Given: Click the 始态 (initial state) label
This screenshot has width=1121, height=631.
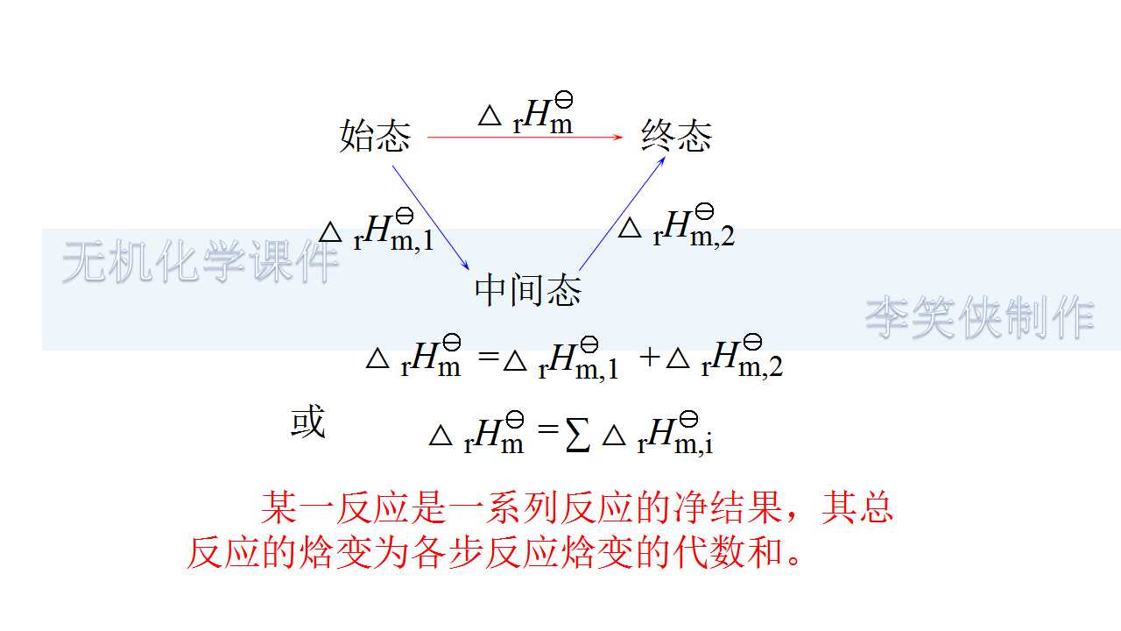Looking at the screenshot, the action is [375, 137].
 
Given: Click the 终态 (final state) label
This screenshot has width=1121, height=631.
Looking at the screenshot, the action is [676, 136].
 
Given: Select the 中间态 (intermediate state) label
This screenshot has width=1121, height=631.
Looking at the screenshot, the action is [527, 290].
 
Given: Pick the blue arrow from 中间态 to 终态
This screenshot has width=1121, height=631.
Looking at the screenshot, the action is [624, 210].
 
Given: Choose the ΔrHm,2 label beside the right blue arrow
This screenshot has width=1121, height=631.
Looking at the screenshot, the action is [676, 226].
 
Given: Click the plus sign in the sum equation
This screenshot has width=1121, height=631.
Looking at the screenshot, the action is [649, 358].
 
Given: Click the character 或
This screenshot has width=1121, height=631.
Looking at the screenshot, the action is [307, 422].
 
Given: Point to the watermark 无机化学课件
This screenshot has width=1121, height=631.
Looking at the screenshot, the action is [200, 261].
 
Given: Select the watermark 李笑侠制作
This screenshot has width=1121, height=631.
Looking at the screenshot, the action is [979, 317].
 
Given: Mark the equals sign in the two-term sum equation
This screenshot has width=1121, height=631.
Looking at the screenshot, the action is [489, 358].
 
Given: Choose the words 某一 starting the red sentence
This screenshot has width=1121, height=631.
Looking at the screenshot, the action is [296, 508].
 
